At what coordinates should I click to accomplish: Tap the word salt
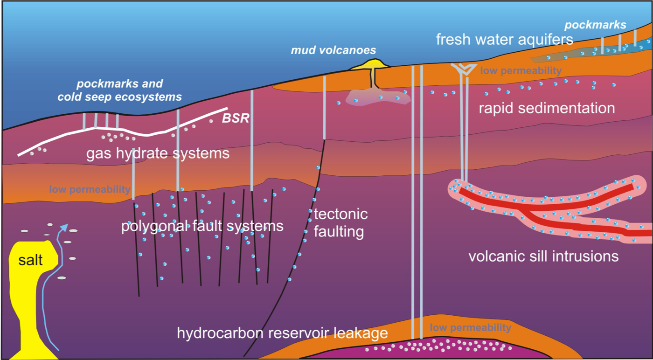coord(31,260)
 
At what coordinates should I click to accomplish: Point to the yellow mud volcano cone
coord(371,65)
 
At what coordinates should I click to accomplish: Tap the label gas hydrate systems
coord(158,153)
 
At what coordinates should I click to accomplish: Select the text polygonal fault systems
coord(202,226)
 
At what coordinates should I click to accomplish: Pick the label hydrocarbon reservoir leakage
coord(282,333)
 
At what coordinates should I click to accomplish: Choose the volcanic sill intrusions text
coord(543,256)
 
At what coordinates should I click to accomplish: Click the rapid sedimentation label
coord(547,108)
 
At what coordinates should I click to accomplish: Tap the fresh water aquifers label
coord(504,40)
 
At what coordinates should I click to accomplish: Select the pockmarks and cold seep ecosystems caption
coord(119,90)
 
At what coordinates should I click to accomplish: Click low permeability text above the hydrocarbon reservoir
coord(470,327)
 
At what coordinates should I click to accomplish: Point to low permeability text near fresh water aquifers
coord(521,71)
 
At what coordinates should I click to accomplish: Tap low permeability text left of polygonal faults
coord(90,189)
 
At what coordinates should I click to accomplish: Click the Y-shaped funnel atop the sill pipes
coord(464,69)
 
